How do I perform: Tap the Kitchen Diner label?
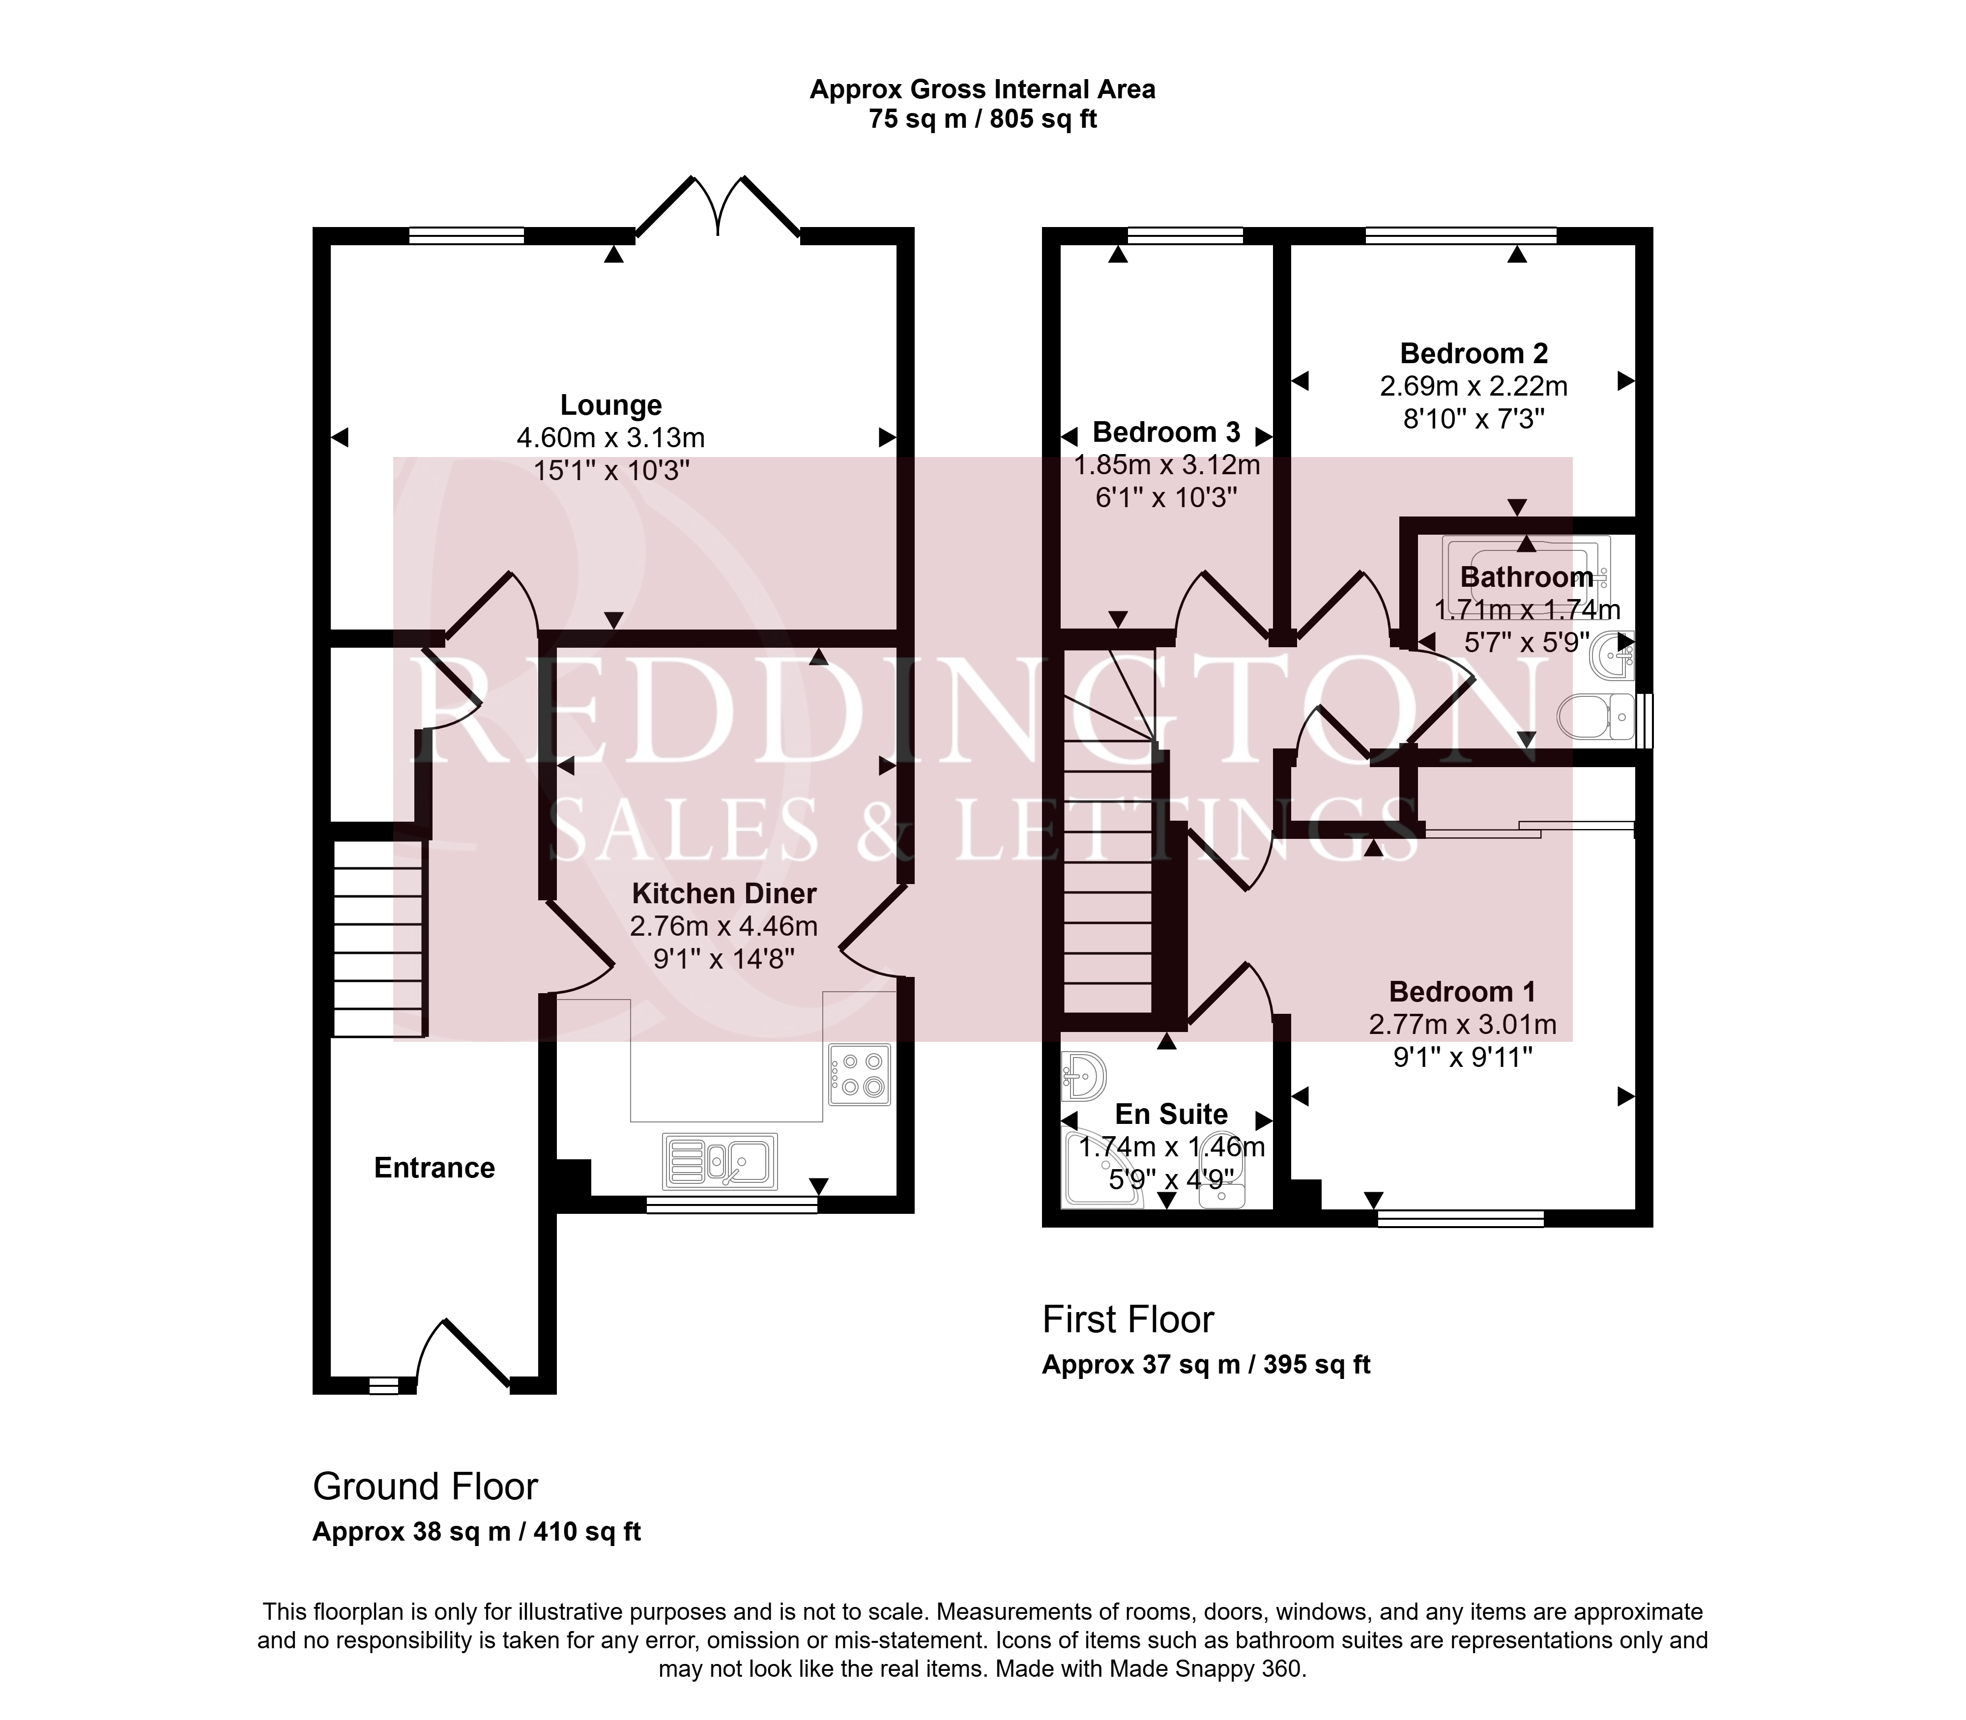click(724, 893)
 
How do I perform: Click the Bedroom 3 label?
click(1166, 432)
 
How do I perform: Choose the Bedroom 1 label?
click(1462, 992)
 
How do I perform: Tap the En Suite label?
click(1171, 1115)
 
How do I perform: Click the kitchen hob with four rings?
click(860, 1074)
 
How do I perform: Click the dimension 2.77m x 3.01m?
click(1462, 1024)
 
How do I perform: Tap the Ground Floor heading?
click(425, 1487)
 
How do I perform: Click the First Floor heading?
click(1128, 1320)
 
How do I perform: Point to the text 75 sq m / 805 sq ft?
click(982, 119)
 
